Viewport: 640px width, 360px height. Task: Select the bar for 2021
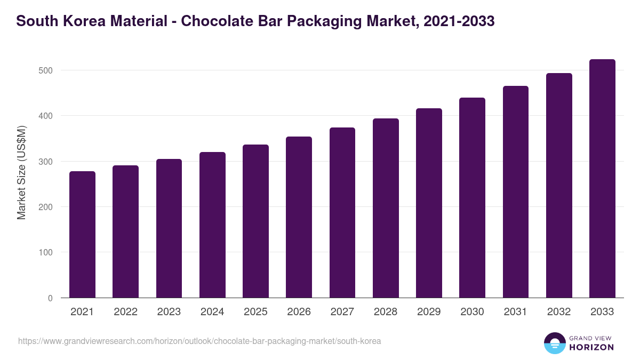coord(83,235)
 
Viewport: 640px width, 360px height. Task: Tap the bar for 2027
coord(342,213)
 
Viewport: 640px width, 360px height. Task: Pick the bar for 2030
coord(472,198)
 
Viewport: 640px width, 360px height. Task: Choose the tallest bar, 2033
coord(602,179)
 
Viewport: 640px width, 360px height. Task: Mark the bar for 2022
coord(126,231)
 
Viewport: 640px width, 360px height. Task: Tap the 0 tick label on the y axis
coord(50,298)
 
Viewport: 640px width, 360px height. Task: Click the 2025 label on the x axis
coord(255,312)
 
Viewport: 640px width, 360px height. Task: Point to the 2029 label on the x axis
coord(429,312)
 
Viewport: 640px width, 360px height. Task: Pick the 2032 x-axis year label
coord(559,312)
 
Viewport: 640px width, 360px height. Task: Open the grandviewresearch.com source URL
coord(199,341)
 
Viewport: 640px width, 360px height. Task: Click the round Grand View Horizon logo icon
coord(554,343)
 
